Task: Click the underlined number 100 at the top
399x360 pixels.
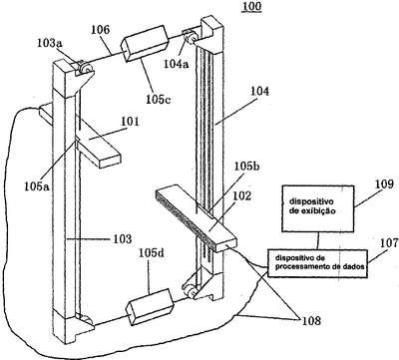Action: click(251, 7)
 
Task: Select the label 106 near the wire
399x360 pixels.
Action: click(100, 30)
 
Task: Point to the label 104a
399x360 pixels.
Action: click(176, 63)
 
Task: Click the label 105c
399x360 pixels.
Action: click(159, 100)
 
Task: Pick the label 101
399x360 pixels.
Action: click(129, 122)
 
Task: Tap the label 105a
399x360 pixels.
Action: click(36, 186)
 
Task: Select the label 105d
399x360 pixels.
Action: click(152, 253)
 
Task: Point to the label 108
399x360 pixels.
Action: click(311, 321)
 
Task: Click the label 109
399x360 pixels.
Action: click(384, 183)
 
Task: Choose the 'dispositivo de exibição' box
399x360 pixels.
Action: click(317, 208)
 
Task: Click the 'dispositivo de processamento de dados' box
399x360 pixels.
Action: click(318, 263)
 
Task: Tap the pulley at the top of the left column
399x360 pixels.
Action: click(87, 68)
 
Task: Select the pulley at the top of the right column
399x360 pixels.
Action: click(191, 37)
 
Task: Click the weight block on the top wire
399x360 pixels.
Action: click(145, 44)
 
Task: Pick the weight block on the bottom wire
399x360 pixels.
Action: click(150, 306)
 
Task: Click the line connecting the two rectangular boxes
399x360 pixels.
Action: click(317, 240)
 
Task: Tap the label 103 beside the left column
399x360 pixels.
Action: click(123, 238)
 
